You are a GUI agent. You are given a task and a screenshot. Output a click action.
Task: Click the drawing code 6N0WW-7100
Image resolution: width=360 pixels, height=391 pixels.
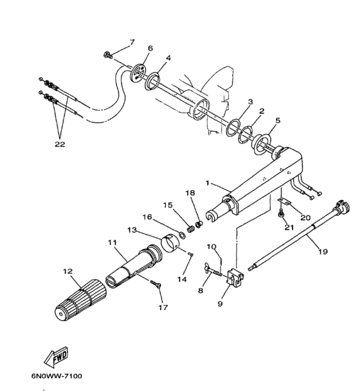56,376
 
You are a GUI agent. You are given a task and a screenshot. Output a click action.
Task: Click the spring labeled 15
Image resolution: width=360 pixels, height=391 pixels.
191,227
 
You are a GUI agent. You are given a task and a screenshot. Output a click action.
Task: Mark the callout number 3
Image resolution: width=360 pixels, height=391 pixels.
250,102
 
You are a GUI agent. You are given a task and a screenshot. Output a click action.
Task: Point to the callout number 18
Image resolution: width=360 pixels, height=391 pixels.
190,192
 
